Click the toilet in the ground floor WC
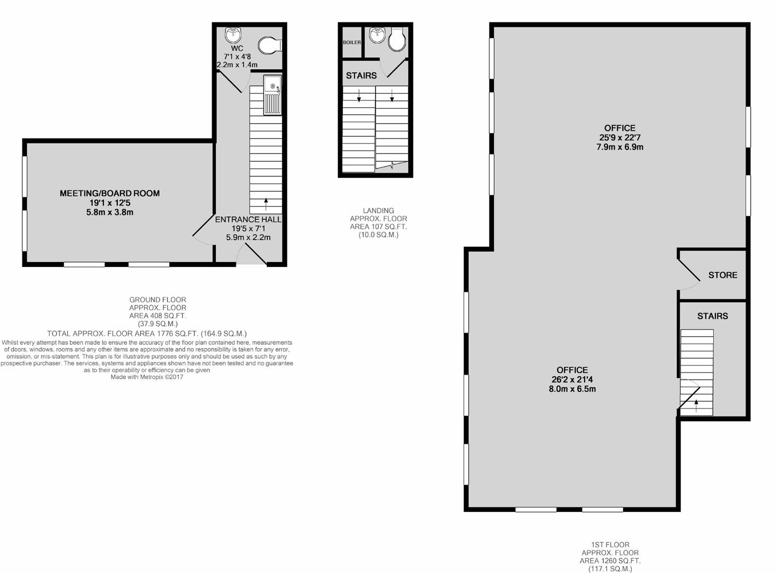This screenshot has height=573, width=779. pos(270,46)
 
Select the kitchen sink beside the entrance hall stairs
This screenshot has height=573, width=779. pos(272,95)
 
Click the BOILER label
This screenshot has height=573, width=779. pos(352,42)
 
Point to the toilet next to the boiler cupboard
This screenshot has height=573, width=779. pos(397,39)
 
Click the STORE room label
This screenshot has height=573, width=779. pos(723,275)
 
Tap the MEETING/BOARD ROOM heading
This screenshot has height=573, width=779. pos(109,193)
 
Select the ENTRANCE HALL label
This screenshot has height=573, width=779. pos(248,220)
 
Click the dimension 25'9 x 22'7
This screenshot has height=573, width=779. pos(619,137)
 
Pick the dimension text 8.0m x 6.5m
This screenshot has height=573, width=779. pos(572,389)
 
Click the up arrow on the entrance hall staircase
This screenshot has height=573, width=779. pos(266,204)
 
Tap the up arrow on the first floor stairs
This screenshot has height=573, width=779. pos(696,406)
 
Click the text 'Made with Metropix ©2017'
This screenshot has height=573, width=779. pos(147,377)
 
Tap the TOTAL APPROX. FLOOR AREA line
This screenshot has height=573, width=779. pos(147,334)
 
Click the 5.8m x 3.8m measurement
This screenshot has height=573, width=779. pos(109,212)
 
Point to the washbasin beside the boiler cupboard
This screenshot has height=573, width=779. pos(377,35)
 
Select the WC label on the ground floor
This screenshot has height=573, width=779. pos(237,48)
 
